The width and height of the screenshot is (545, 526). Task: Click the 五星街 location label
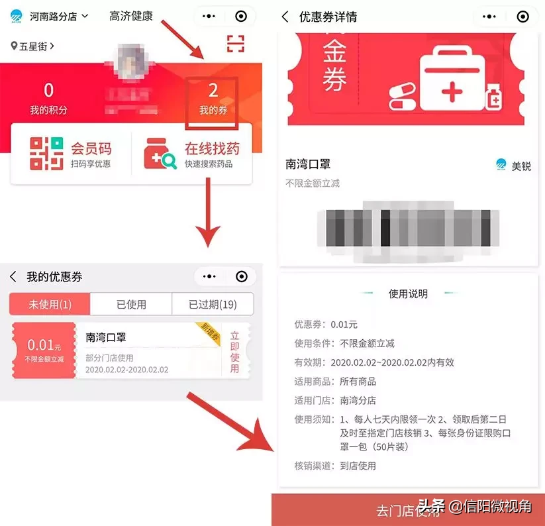coord(33,46)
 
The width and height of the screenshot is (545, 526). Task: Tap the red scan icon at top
coord(236,44)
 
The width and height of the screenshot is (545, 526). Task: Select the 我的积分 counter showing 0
coord(48,98)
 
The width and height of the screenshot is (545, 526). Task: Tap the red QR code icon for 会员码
coord(46,153)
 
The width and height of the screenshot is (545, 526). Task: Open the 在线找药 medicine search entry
coord(192,153)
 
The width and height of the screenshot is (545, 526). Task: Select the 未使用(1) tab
coord(50,305)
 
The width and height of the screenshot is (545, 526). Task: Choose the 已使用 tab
coord(131,305)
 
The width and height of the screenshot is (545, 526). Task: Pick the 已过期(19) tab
coord(213,305)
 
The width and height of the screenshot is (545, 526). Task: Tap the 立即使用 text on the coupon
coord(234,352)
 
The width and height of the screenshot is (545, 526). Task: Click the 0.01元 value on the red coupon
coord(44,345)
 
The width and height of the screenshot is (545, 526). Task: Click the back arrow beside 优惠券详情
coord(285,17)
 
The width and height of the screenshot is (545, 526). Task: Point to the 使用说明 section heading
coord(408,293)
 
